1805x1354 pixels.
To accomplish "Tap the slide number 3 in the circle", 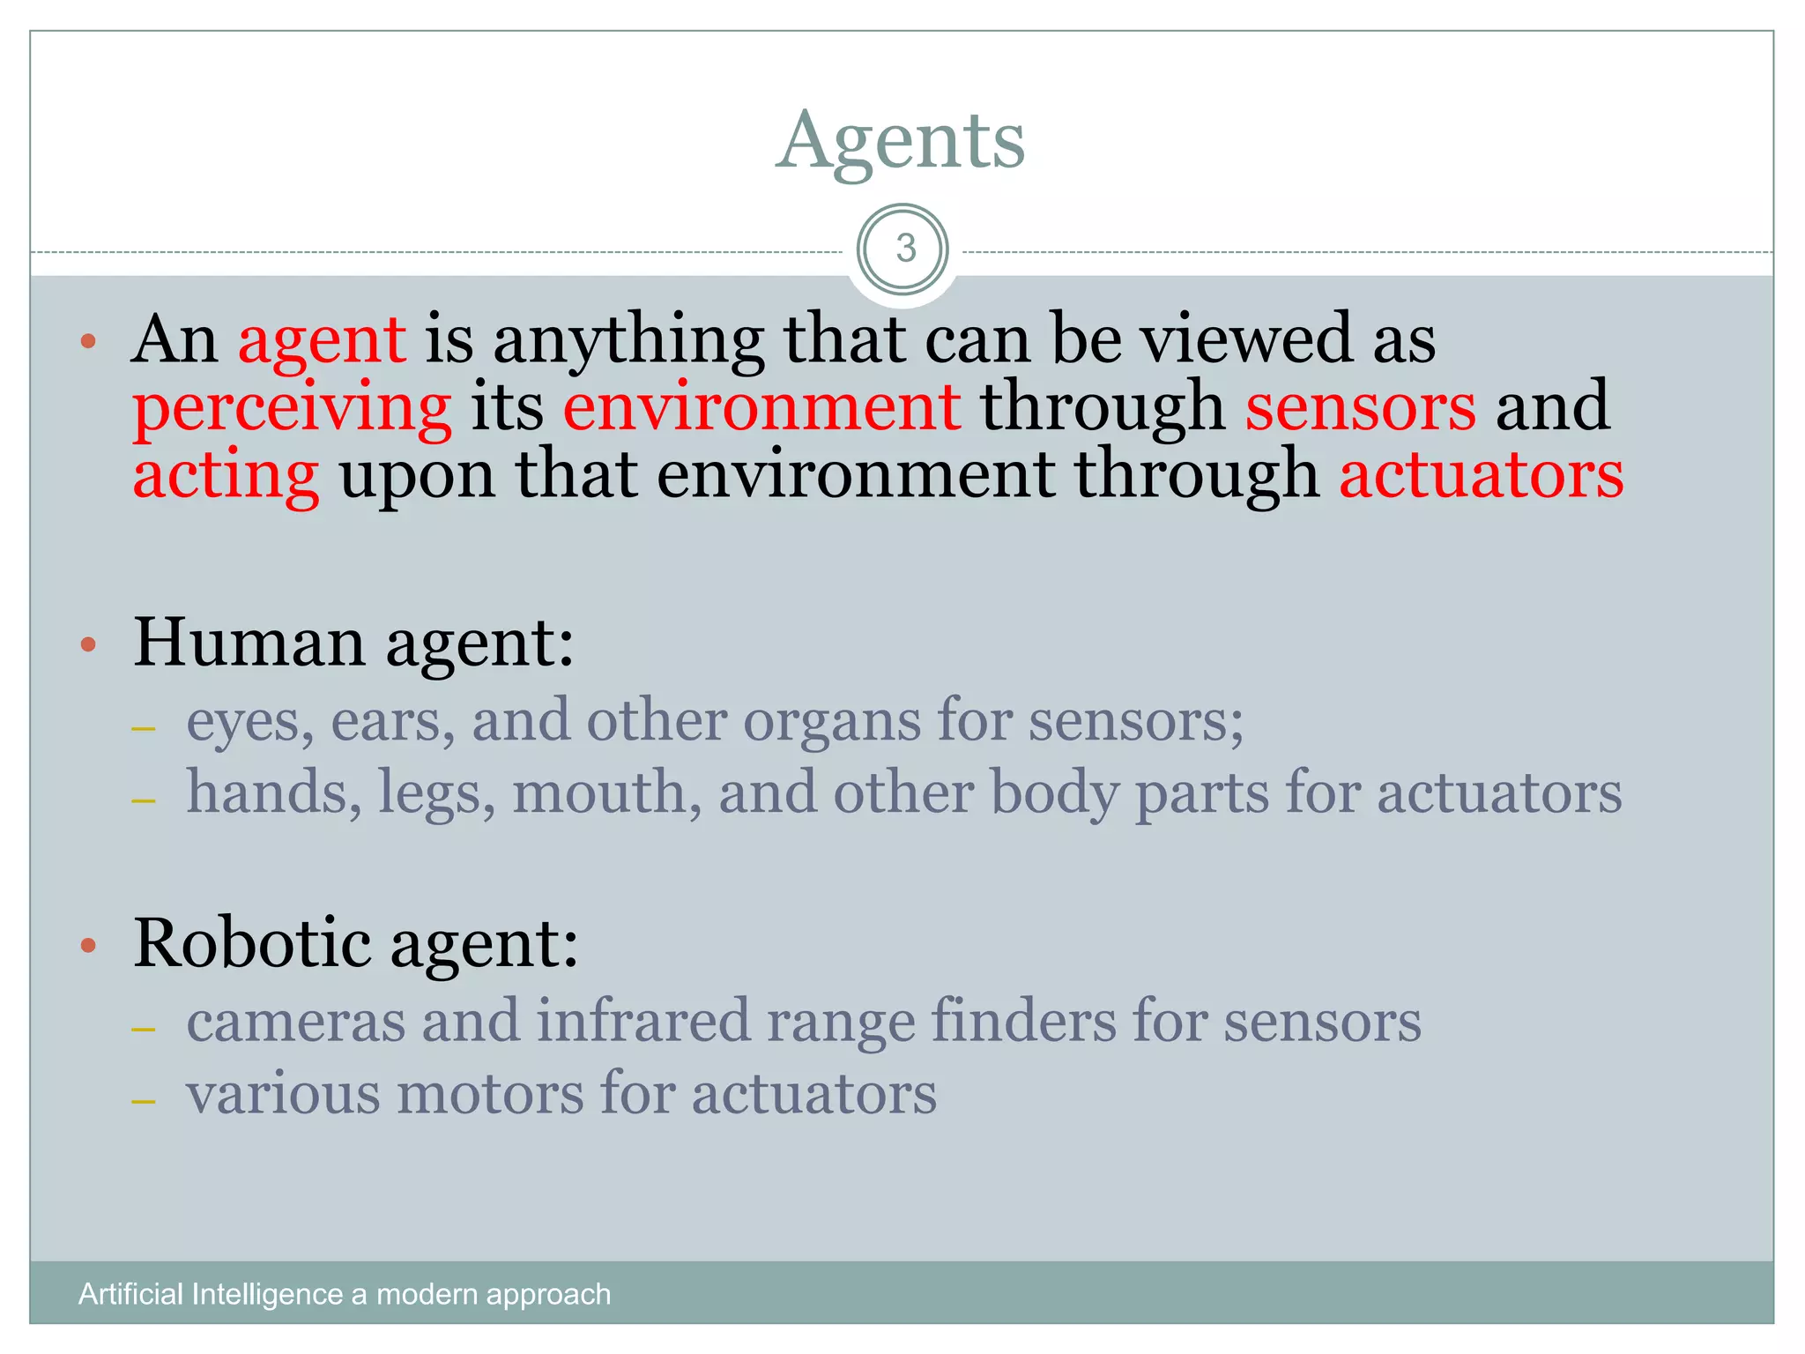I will tap(905, 249).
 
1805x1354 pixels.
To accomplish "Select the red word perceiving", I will tap(292, 407).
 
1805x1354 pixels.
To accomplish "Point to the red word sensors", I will tap(1360, 407).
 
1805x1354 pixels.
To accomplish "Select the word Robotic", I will tap(252, 943).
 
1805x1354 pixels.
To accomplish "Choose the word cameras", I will tap(295, 1022).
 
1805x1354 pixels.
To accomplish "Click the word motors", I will tap(490, 1094).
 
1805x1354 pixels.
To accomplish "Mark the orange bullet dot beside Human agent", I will tap(87, 645).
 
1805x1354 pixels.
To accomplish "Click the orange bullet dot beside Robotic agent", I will tap(87, 947).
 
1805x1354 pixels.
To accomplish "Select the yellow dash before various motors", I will tap(143, 1102).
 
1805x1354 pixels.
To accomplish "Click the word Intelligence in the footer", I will tap(267, 1294).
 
